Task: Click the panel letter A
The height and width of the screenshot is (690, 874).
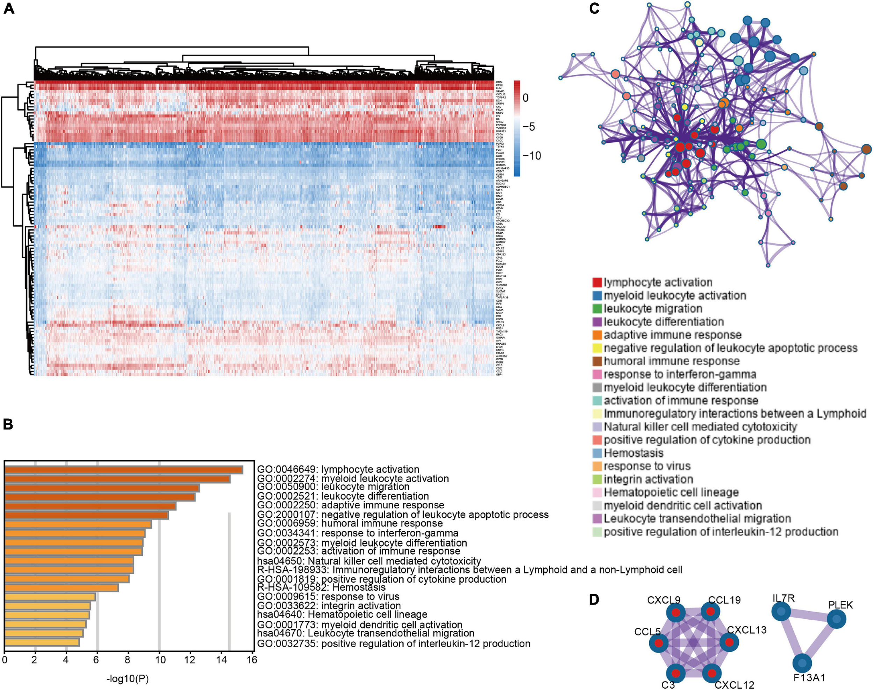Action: pos(8,8)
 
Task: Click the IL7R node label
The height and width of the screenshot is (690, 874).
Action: pos(783,598)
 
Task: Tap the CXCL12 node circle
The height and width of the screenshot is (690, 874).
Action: pos(712,673)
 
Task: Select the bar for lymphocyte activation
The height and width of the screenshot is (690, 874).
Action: pos(123,470)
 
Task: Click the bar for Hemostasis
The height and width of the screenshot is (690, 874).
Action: pos(62,588)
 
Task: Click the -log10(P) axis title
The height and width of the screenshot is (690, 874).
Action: pos(128,679)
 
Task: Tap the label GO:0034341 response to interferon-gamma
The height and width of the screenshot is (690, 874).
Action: pos(358,533)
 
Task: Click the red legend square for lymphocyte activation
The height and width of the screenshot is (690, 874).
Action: pos(597,283)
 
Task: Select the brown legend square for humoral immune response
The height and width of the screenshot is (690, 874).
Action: pos(597,361)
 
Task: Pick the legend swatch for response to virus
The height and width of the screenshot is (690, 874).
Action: pos(597,466)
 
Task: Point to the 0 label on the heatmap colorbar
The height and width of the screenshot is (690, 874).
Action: pos(525,97)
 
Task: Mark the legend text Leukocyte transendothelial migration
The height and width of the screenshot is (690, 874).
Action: pos(697,519)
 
